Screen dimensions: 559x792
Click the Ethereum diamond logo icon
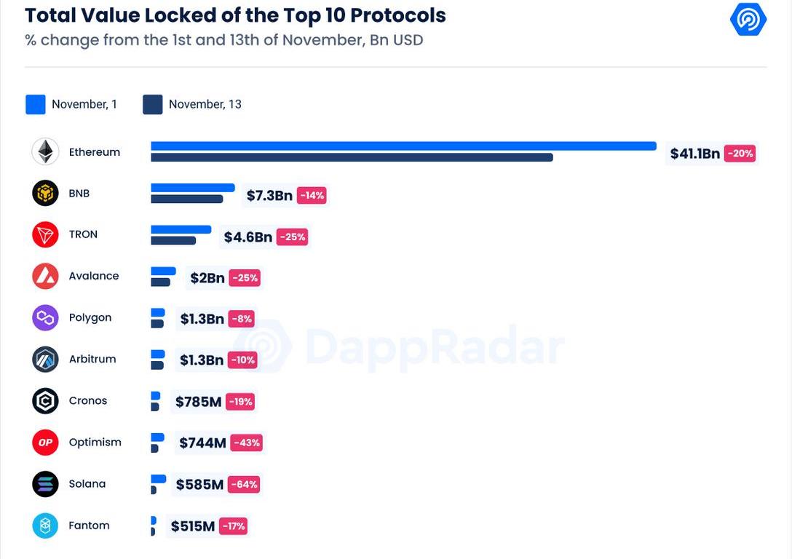[x=45, y=152]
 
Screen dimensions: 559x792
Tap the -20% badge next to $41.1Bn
[x=740, y=154]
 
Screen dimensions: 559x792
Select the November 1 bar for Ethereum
[x=403, y=146]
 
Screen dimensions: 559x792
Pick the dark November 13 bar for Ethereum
[x=352, y=157]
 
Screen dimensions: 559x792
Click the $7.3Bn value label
[x=269, y=195]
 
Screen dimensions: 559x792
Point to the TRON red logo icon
[x=45, y=234]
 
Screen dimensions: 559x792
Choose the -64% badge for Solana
[x=244, y=484]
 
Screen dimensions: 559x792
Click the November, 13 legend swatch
[x=153, y=104]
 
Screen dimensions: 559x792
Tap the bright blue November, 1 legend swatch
[x=36, y=104]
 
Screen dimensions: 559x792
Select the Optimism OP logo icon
[x=45, y=443]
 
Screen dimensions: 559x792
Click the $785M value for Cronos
[x=198, y=401]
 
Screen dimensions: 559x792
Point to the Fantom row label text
[x=89, y=526]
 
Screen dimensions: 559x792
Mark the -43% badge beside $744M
[x=246, y=443]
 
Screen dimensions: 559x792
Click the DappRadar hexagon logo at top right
[x=748, y=20]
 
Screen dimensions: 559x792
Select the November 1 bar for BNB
[x=193, y=188]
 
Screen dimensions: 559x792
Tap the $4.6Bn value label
[x=247, y=237]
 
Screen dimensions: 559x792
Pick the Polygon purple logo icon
[x=45, y=318]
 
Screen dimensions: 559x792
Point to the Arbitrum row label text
[x=92, y=359]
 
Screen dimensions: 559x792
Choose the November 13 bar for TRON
[x=173, y=240]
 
